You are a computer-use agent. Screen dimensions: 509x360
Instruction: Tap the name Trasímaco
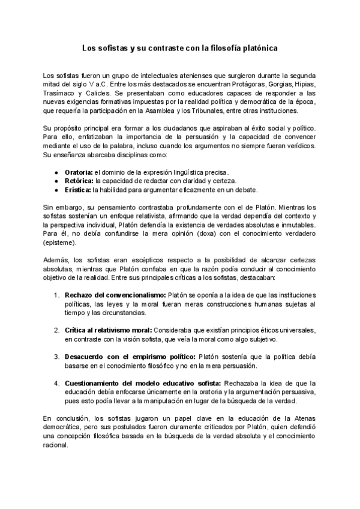(58, 94)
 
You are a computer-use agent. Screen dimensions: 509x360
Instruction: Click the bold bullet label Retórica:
(79, 181)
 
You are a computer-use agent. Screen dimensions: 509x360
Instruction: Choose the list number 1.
(56, 296)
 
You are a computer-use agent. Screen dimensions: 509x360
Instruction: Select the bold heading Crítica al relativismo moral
(108, 331)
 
